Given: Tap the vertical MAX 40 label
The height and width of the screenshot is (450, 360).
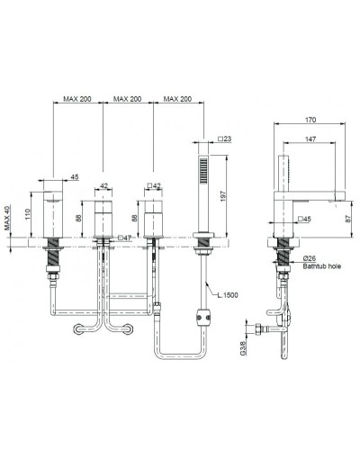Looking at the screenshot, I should pyautogui.click(x=8, y=218).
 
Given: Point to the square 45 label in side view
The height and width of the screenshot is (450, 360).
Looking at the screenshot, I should pyautogui.click(x=303, y=219).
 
